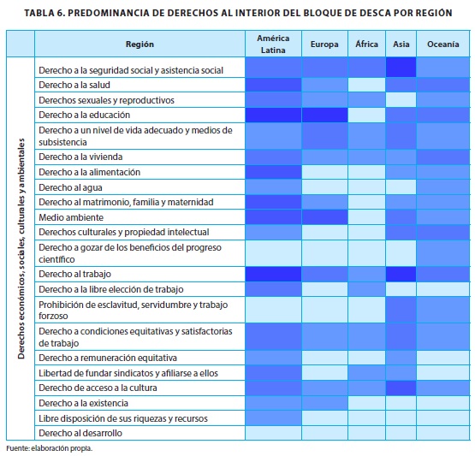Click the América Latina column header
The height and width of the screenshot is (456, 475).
pyautogui.click(x=273, y=44)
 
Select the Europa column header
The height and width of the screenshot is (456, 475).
pyautogui.click(x=324, y=44)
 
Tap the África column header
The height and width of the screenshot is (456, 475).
pyautogui.click(x=366, y=44)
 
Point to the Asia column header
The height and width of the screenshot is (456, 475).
pyautogui.click(x=401, y=44)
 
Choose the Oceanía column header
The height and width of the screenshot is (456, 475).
pyautogui.click(x=442, y=44)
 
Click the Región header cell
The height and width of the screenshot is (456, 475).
pyautogui.click(x=140, y=44)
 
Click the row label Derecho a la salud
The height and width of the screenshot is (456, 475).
pyautogui.click(x=74, y=85)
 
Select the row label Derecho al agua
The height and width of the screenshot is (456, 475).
pyautogui.click(x=70, y=187)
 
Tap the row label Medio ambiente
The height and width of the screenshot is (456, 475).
pyautogui.click(x=71, y=217)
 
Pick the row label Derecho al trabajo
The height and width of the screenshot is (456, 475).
pyautogui.click(x=74, y=274)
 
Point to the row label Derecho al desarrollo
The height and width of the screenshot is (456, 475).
pyautogui.click(x=80, y=433)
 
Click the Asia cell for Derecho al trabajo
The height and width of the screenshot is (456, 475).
pyautogui.click(x=401, y=274)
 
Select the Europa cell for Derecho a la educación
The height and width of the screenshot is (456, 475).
pyautogui.click(x=324, y=115)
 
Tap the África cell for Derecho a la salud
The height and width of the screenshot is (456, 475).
pyautogui.click(x=366, y=85)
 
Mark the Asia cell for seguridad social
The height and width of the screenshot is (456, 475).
pyautogui.click(x=401, y=68)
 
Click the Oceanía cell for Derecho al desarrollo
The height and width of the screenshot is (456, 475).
pyautogui.click(x=442, y=433)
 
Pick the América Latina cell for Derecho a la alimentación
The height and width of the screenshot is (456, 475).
pyautogui.click(x=273, y=172)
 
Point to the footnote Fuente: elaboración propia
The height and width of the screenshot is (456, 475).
pyautogui.click(x=49, y=448)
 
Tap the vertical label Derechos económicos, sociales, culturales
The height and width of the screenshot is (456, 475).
pyautogui.click(x=21, y=249)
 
